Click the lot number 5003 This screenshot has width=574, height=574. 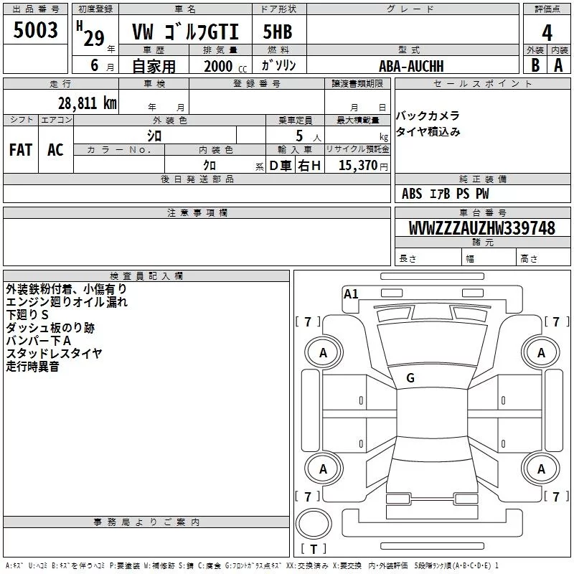pyautogui.click(x=35, y=29)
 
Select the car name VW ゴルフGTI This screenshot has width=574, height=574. pyautogui.click(x=185, y=32)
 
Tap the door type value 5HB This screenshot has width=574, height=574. pyautogui.click(x=278, y=32)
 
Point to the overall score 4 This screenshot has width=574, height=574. pyautogui.click(x=547, y=33)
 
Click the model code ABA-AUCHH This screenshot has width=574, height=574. pyautogui.click(x=411, y=66)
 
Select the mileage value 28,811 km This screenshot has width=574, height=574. pyautogui.click(x=88, y=103)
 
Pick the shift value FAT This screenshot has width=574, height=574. pyautogui.click(x=21, y=150)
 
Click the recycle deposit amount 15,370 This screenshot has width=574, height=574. pyautogui.click(x=358, y=166)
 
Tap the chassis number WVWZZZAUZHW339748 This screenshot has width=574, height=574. pyautogui.click(x=482, y=228)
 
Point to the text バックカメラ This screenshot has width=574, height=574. pyautogui.click(x=428, y=116)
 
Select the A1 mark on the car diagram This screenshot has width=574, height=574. pyautogui.click(x=351, y=294)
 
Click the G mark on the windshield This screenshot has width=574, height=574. pyautogui.click(x=410, y=378)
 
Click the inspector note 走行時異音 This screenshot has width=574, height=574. pyautogui.click(x=32, y=367)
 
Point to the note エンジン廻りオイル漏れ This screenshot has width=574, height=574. pyautogui.click(x=67, y=302)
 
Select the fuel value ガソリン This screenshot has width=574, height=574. pyautogui.click(x=278, y=65)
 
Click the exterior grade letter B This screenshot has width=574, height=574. pyautogui.click(x=535, y=65)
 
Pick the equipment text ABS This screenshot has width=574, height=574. pyautogui.click(x=412, y=194)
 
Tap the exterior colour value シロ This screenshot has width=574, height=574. pyautogui.click(x=154, y=136)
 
